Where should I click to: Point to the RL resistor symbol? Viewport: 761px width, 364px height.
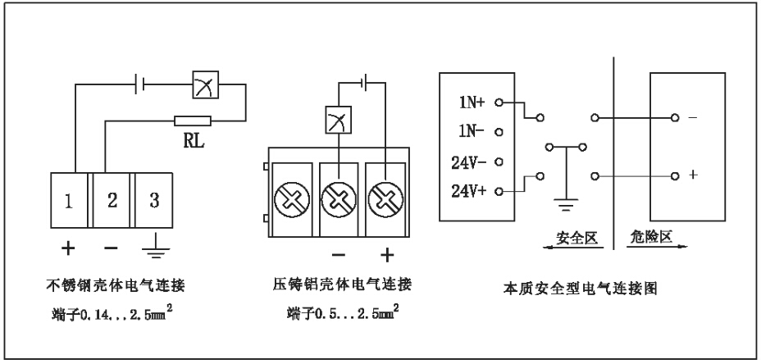(194, 122)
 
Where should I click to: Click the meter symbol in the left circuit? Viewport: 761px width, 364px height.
(200, 85)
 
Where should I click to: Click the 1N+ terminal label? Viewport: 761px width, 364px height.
(473, 103)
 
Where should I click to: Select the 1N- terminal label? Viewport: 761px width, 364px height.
(473, 130)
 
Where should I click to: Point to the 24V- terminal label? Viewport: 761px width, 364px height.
(472, 160)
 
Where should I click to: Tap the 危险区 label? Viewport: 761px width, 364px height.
(652, 239)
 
